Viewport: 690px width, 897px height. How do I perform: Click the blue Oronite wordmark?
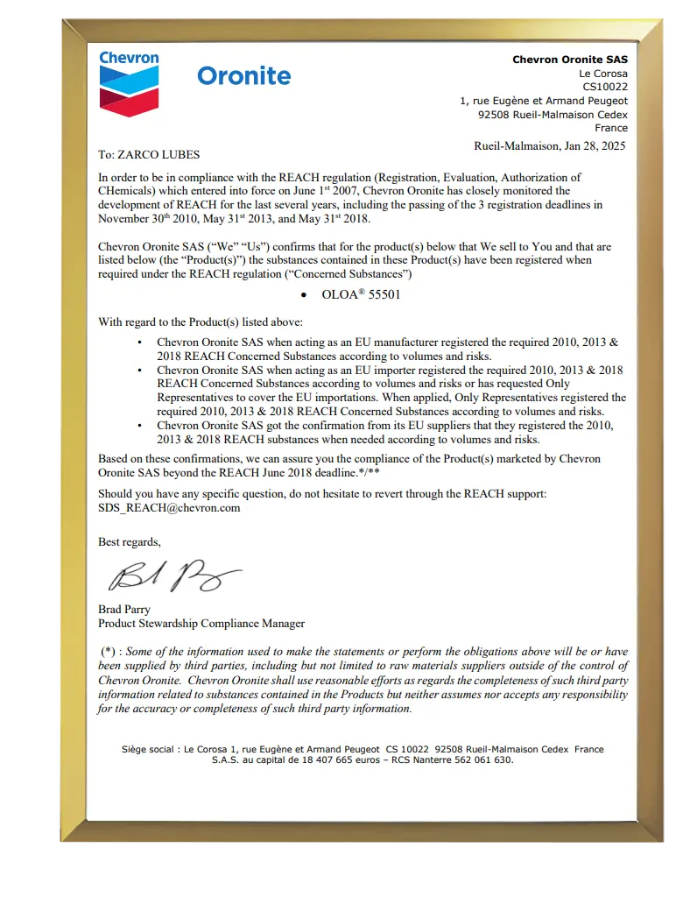tap(243, 76)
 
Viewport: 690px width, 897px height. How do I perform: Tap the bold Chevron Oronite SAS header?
tap(569, 60)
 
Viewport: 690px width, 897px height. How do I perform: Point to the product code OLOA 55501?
tap(361, 294)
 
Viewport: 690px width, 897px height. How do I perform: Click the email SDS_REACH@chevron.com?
tap(169, 507)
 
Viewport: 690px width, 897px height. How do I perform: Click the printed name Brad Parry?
tap(124, 609)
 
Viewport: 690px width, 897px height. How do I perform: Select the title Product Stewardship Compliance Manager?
tap(201, 624)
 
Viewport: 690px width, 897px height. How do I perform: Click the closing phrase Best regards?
tap(129, 542)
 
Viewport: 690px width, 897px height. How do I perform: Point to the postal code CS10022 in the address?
tap(605, 87)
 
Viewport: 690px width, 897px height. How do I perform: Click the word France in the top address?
tap(610, 128)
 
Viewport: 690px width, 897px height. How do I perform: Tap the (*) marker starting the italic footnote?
tap(108, 652)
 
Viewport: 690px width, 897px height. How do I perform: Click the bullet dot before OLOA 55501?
tap(303, 295)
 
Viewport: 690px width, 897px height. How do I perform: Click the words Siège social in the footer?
tap(148, 749)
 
